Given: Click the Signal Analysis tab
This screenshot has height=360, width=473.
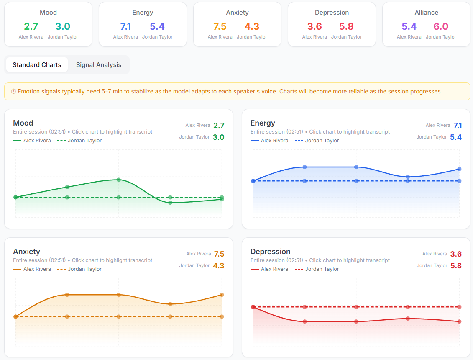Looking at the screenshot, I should coord(99,65).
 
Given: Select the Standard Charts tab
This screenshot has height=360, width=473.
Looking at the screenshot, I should coord(37,65).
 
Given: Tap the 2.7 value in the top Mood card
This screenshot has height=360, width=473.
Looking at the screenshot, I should coord(31,26).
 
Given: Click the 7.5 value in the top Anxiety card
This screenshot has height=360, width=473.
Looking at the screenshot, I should coord(220,26).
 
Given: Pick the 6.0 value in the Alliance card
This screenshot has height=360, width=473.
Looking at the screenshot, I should coord(441,26).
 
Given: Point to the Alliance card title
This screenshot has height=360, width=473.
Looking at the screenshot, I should coord(426,13).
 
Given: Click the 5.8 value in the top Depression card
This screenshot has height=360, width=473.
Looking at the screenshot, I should coord(346,26).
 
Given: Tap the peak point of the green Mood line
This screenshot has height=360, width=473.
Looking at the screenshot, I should coord(119,180).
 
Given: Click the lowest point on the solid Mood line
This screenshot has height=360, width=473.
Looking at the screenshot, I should coord(170,203).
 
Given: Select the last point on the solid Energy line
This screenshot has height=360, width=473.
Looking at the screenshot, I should coord(459,169).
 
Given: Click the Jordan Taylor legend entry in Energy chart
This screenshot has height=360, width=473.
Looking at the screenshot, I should coord(317,141).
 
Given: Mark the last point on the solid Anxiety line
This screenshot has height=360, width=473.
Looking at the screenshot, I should coord(222,295).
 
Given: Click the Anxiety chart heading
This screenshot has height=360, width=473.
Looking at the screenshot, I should coord(27,252).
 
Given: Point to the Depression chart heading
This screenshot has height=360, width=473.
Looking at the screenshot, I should coord(270,252).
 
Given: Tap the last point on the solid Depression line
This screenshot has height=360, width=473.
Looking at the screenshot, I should coord(459,321).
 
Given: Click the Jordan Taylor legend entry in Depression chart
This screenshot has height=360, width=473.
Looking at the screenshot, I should coord(317,269).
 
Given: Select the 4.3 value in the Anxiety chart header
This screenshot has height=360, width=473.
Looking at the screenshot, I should coord(219,265).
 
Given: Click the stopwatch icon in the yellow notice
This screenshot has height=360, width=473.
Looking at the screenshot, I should coord(13,91).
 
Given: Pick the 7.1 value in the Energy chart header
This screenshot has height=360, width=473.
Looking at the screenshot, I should coord(458,126).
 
